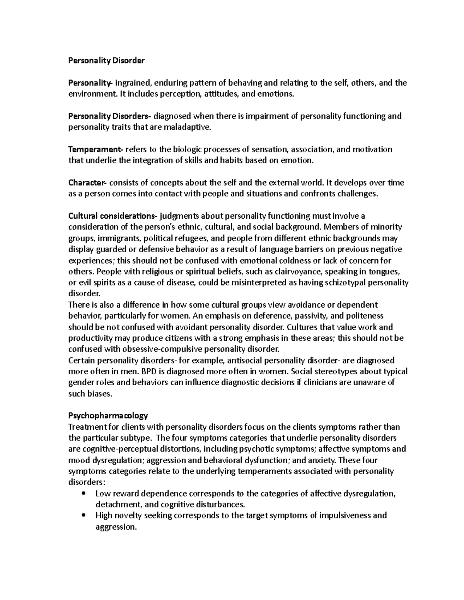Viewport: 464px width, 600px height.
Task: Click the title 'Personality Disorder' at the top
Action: point(106,61)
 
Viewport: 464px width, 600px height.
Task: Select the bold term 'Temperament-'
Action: point(95,150)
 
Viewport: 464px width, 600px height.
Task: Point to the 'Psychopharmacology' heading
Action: point(108,416)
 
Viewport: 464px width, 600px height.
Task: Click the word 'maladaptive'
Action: point(191,127)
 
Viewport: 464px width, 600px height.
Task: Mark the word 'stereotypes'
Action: point(342,372)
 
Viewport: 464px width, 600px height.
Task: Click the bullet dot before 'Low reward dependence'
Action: point(84,494)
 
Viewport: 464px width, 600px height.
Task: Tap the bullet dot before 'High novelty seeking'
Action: point(84,516)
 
